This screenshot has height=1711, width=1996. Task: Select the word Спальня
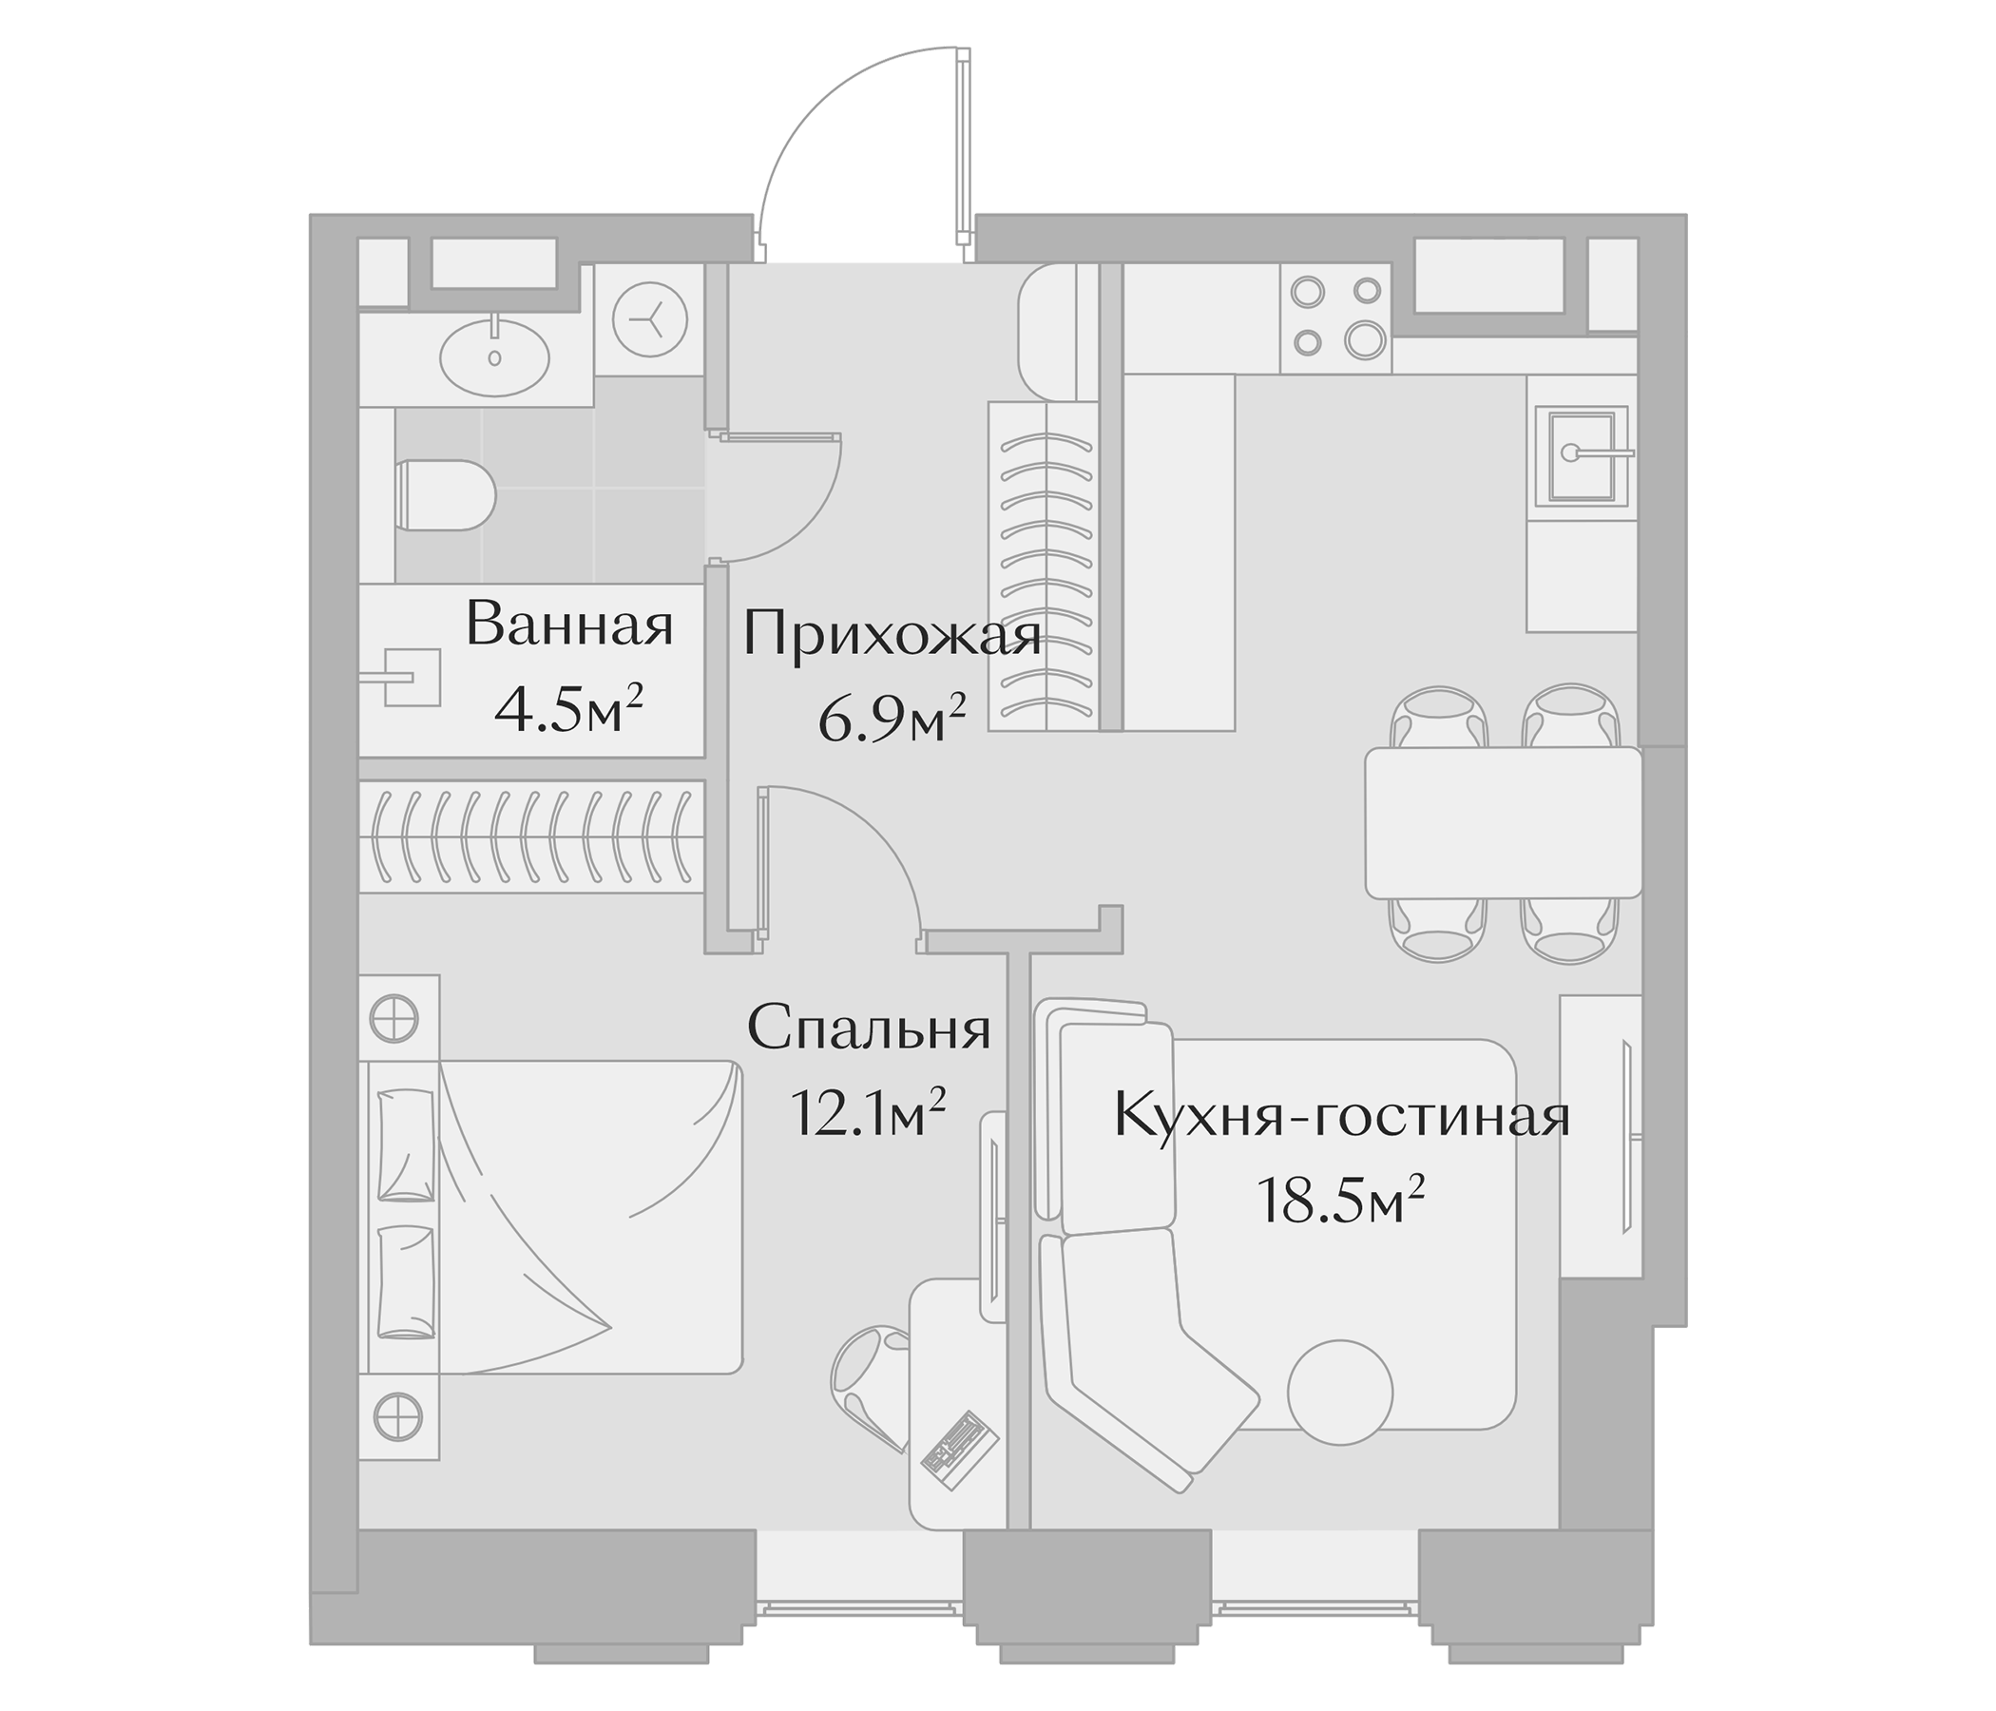tap(868, 1029)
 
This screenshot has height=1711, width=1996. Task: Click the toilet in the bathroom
tap(445, 496)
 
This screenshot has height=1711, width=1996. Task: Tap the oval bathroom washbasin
tap(494, 357)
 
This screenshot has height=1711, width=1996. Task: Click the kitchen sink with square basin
tap(1580, 455)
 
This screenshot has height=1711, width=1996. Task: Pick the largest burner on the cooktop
tap(1365, 339)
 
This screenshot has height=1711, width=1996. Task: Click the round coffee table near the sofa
tap(1340, 1393)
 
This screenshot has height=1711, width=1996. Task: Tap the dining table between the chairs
tap(1503, 823)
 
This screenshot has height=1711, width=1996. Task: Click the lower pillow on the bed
tap(405, 1281)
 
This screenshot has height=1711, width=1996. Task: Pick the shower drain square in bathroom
tap(413, 679)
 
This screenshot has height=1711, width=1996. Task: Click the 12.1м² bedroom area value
tap(866, 1113)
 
